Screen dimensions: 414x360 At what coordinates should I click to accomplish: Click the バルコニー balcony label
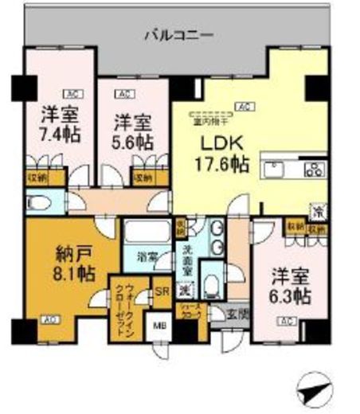tap(179, 34)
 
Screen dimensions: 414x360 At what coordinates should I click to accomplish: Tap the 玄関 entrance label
tap(237, 314)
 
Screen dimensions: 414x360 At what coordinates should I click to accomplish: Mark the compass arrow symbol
tap(313, 391)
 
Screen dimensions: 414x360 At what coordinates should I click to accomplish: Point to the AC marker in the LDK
tap(247, 105)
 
